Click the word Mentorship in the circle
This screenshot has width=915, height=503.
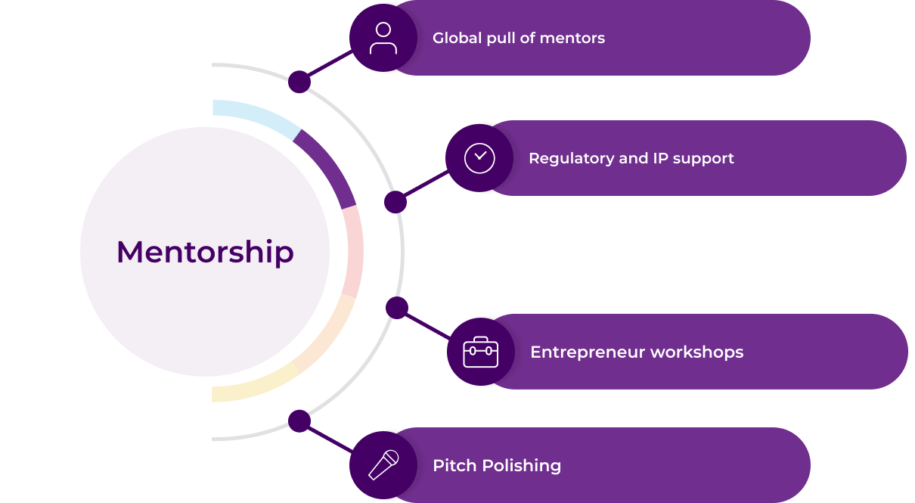(205, 252)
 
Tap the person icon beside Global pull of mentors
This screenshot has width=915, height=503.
(383, 38)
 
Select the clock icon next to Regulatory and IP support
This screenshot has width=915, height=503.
(479, 158)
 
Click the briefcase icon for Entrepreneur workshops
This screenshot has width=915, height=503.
(481, 352)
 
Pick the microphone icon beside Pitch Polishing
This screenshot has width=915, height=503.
(383, 464)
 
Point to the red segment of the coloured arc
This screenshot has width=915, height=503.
(352, 251)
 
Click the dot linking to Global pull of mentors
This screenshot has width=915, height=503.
(299, 82)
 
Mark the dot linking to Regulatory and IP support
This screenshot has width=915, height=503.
(395, 202)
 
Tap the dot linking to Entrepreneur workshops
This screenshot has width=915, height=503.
(397, 308)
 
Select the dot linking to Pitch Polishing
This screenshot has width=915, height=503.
(299, 421)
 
